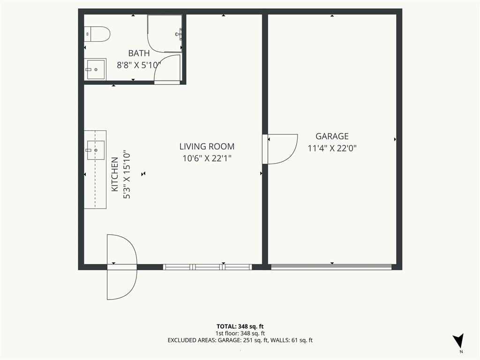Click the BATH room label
click(x=139, y=53)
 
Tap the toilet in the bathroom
click(x=97, y=34)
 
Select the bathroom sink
click(x=95, y=69)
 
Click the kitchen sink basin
click(x=96, y=150)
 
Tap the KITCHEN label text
click(x=114, y=174)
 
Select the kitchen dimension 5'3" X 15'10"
click(x=127, y=174)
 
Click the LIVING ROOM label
click(x=207, y=147)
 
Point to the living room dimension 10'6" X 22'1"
click(x=207, y=158)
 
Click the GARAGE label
click(x=332, y=136)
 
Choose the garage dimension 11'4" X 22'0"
click(x=332, y=149)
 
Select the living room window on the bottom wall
click(x=207, y=267)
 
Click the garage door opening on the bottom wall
click(x=331, y=267)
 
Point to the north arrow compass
click(x=458, y=341)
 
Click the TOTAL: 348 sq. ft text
click(x=240, y=327)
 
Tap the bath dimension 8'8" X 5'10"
click(x=139, y=65)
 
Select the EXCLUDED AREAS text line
click(x=240, y=340)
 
